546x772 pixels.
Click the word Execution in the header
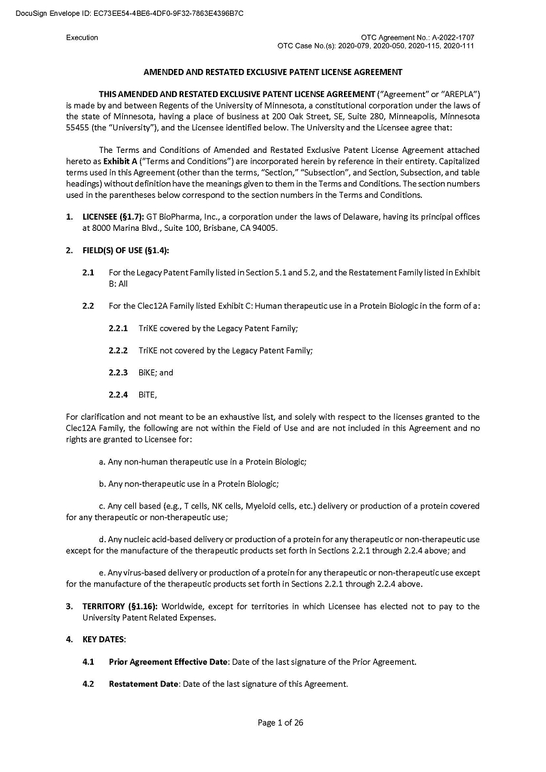(82, 38)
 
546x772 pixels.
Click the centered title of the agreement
(272, 72)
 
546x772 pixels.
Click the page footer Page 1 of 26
(281, 723)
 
